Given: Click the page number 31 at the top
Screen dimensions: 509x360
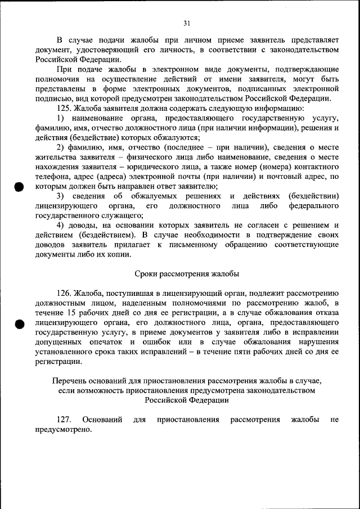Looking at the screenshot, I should point(187,23).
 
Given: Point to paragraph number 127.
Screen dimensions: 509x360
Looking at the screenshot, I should point(64,420).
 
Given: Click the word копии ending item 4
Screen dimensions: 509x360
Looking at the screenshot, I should point(119,254).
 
